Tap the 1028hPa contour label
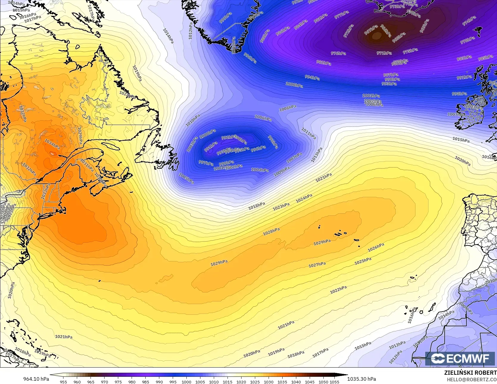[271, 232]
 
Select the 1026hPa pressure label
[376, 247]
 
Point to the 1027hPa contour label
[317, 265]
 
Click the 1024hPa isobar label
[304, 198]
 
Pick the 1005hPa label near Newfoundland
[186, 178]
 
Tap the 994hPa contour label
[312, 78]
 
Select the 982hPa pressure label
[323, 63]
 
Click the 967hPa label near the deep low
[371, 30]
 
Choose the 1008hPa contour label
[288, 108]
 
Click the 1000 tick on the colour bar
[186, 382]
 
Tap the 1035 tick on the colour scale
[282, 382]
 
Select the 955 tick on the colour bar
[63, 382]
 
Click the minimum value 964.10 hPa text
[36, 379]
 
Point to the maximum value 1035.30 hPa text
[362, 379]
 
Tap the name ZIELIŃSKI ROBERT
[470, 373]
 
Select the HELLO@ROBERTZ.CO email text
[472, 379]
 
